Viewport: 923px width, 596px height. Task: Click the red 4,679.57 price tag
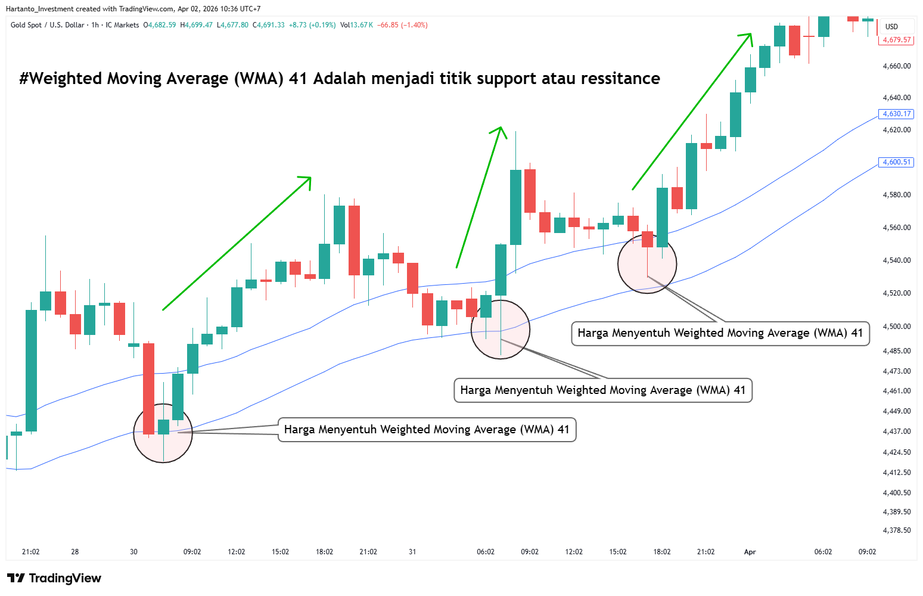pyautogui.click(x=896, y=40)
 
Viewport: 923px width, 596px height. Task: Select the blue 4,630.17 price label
pyautogui.click(x=896, y=114)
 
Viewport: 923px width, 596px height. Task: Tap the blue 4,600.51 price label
pyautogui.click(x=896, y=162)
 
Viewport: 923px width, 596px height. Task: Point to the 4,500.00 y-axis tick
pyautogui.click(x=896, y=327)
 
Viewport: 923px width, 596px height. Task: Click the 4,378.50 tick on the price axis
pyautogui.click(x=896, y=530)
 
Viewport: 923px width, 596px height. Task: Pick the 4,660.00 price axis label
pyautogui.click(x=896, y=66)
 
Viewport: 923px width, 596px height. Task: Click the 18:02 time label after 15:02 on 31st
pyautogui.click(x=662, y=552)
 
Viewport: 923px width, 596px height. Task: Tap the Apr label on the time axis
pyautogui.click(x=750, y=552)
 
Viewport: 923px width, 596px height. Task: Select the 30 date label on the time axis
pyautogui.click(x=133, y=552)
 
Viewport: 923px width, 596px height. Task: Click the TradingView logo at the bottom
pyautogui.click(x=54, y=578)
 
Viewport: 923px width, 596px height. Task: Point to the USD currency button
pyautogui.click(x=891, y=27)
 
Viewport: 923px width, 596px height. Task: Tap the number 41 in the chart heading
pyautogui.click(x=297, y=79)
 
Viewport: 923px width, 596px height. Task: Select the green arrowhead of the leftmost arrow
pyautogui.click(x=306, y=181)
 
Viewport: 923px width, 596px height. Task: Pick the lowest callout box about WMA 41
pyautogui.click(x=427, y=430)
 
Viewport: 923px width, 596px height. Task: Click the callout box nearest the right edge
pyautogui.click(x=720, y=333)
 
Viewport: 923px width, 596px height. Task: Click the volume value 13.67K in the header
pyautogui.click(x=362, y=25)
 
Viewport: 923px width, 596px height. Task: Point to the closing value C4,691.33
pyautogui.click(x=269, y=25)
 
